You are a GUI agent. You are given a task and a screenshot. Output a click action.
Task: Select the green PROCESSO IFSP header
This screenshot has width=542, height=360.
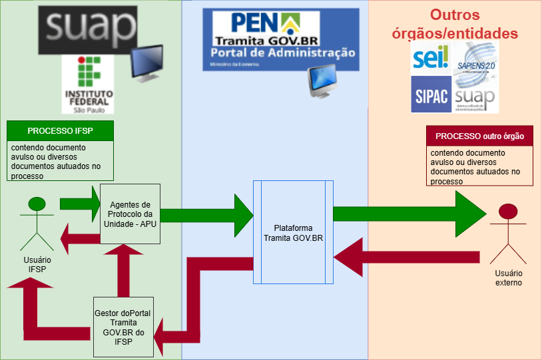click(x=60, y=131)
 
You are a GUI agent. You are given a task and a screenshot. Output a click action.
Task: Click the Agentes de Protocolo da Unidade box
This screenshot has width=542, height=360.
click(x=130, y=214)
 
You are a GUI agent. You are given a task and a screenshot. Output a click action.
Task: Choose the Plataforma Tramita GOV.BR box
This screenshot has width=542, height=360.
click(x=294, y=232)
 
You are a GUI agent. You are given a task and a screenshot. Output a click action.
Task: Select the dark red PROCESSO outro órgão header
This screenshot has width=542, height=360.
click(x=479, y=136)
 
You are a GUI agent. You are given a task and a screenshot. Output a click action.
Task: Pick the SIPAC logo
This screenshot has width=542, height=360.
click(x=431, y=93)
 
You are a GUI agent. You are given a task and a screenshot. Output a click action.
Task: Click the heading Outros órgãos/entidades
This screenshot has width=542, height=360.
click(x=473, y=24)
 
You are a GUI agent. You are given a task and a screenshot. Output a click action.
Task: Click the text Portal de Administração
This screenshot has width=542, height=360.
click(x=282, y=54)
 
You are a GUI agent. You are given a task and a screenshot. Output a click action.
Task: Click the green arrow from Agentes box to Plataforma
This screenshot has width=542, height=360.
click(x=206, y=215)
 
